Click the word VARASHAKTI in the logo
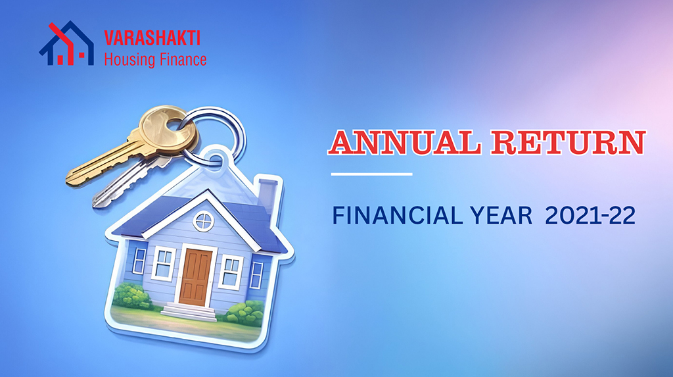click(152, 38)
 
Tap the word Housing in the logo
click(127, 60)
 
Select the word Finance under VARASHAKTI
click(181, 59)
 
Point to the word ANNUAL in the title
click(404, 142)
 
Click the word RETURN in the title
click(569, 142)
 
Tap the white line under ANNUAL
click(372, 174)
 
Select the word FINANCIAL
click(398, 215)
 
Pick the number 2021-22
click(590, 215)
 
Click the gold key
click(133, 145)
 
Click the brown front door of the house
click(196, 277)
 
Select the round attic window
click(204, 221)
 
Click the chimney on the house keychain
click(267, 198)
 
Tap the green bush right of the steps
click(243, 313)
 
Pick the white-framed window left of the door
click(164, 263)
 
